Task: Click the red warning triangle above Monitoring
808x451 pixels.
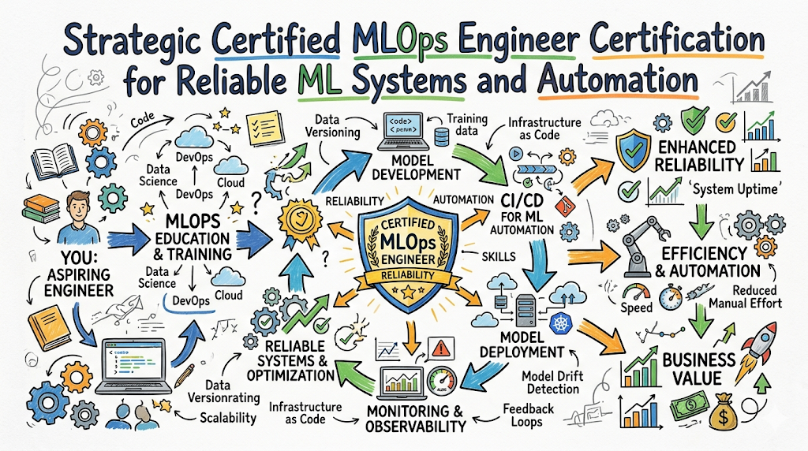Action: (x=440, y=348)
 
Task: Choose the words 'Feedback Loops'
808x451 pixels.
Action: (x=528, y=415)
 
